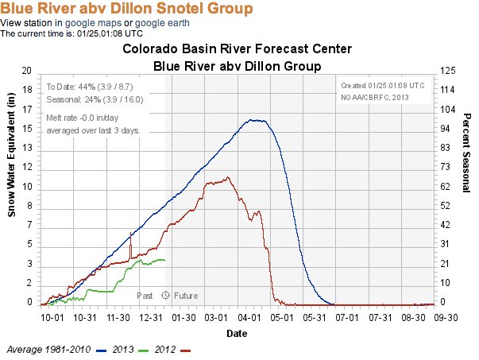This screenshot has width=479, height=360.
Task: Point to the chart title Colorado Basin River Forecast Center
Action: [237, 49]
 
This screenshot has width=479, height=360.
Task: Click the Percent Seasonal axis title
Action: [468, 185]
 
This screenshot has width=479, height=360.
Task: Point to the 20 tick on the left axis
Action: [27, 71]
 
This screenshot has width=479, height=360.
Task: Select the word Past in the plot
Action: [145, 295]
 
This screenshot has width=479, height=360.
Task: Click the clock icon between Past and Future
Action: [165, 295]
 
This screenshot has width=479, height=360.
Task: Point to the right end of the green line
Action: [164, 260]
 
